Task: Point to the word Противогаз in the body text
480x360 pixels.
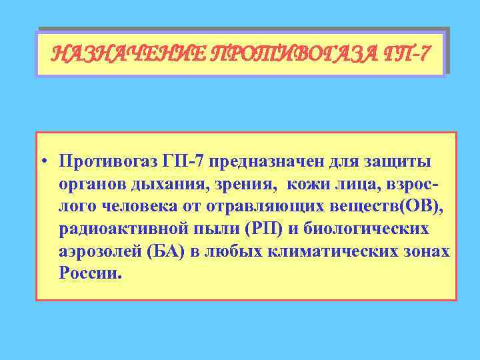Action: pos(106,162)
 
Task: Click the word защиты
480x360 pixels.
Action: pos(398,162)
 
